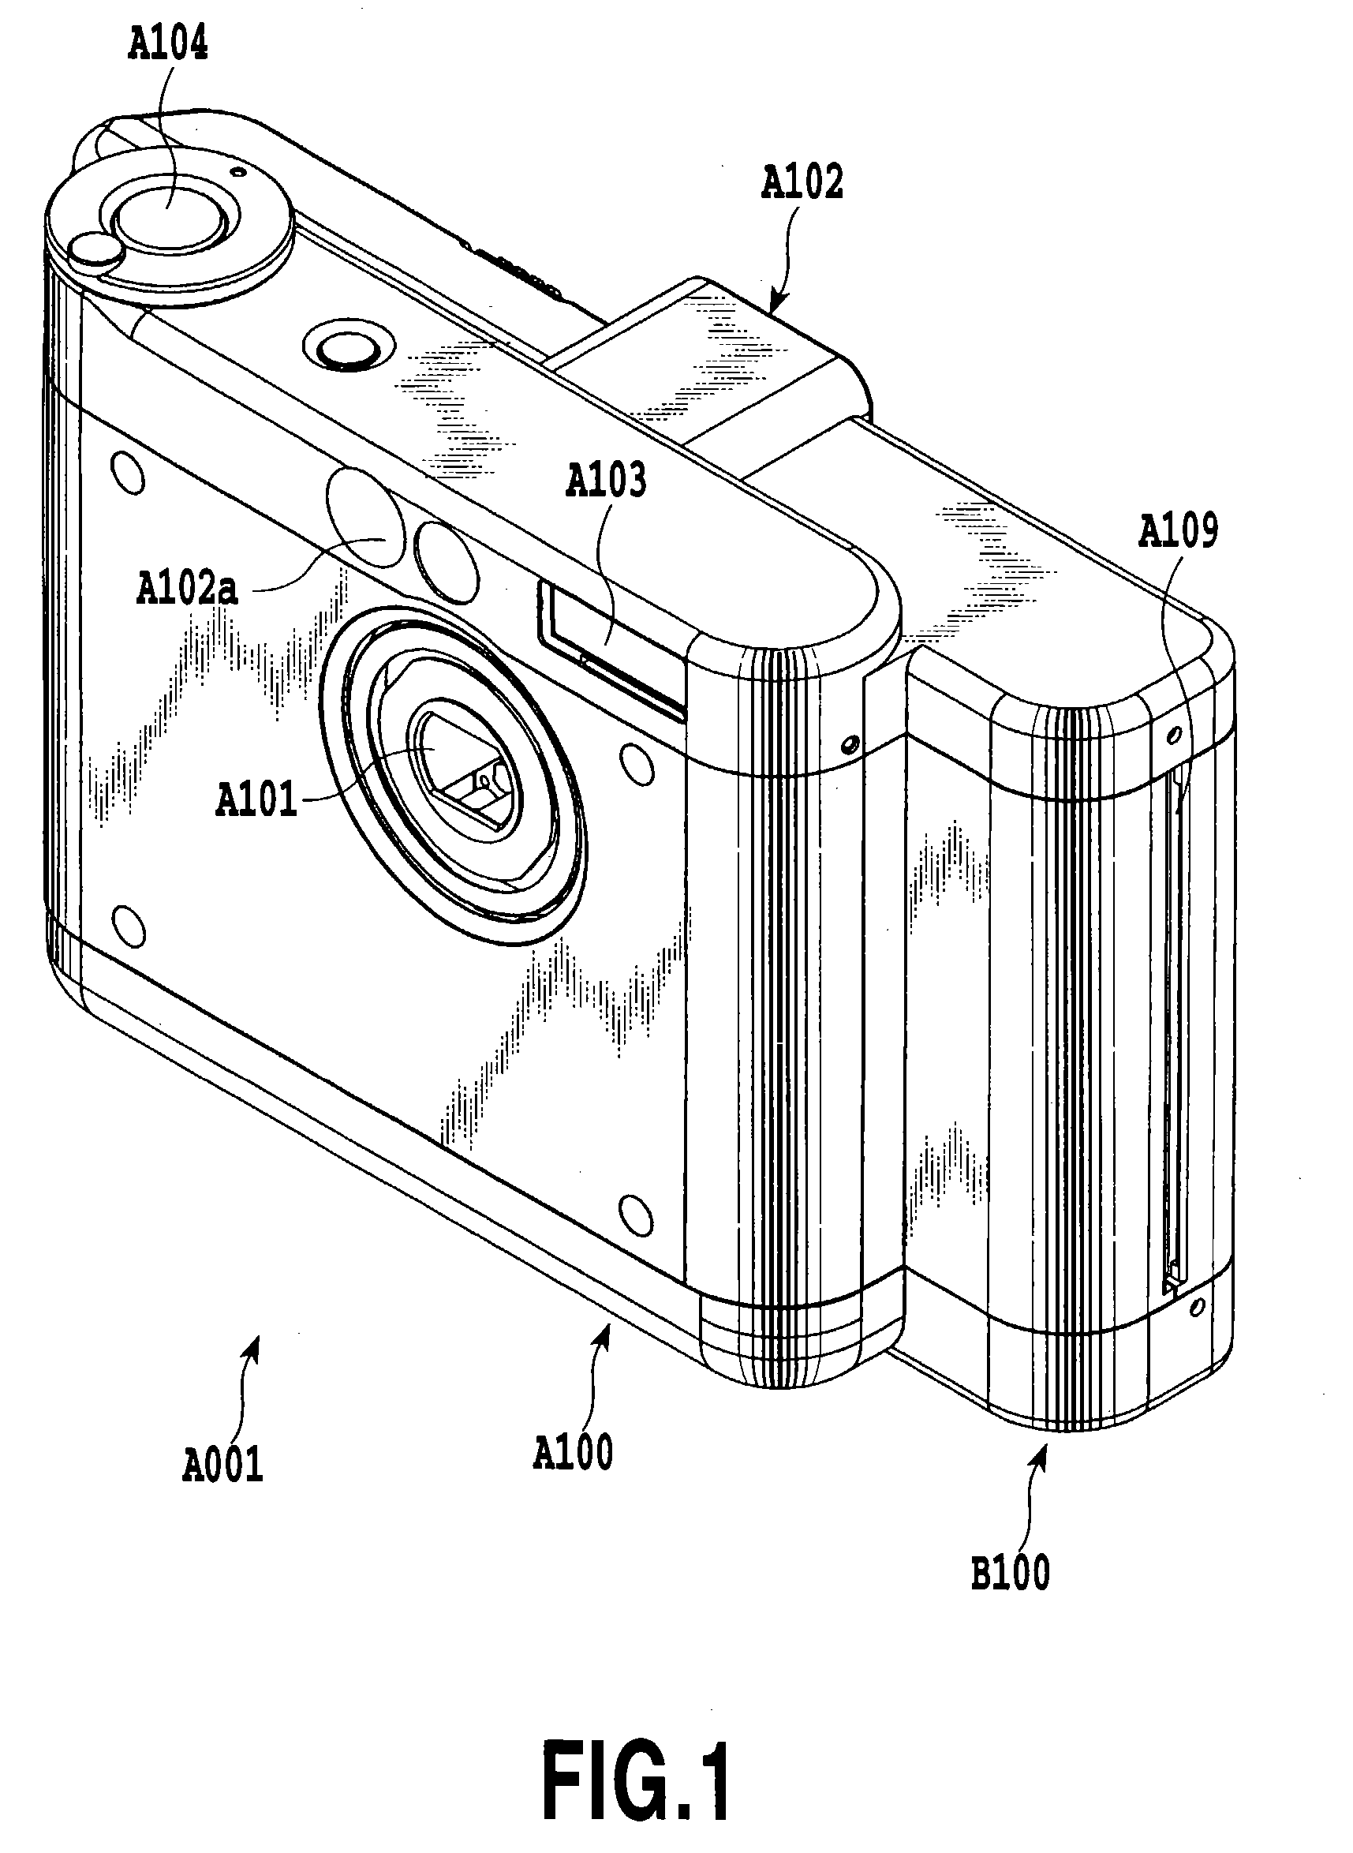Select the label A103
(606, 481)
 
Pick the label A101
(256, 799)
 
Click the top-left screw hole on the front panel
(127, 473)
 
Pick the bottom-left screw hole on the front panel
(128, 926)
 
